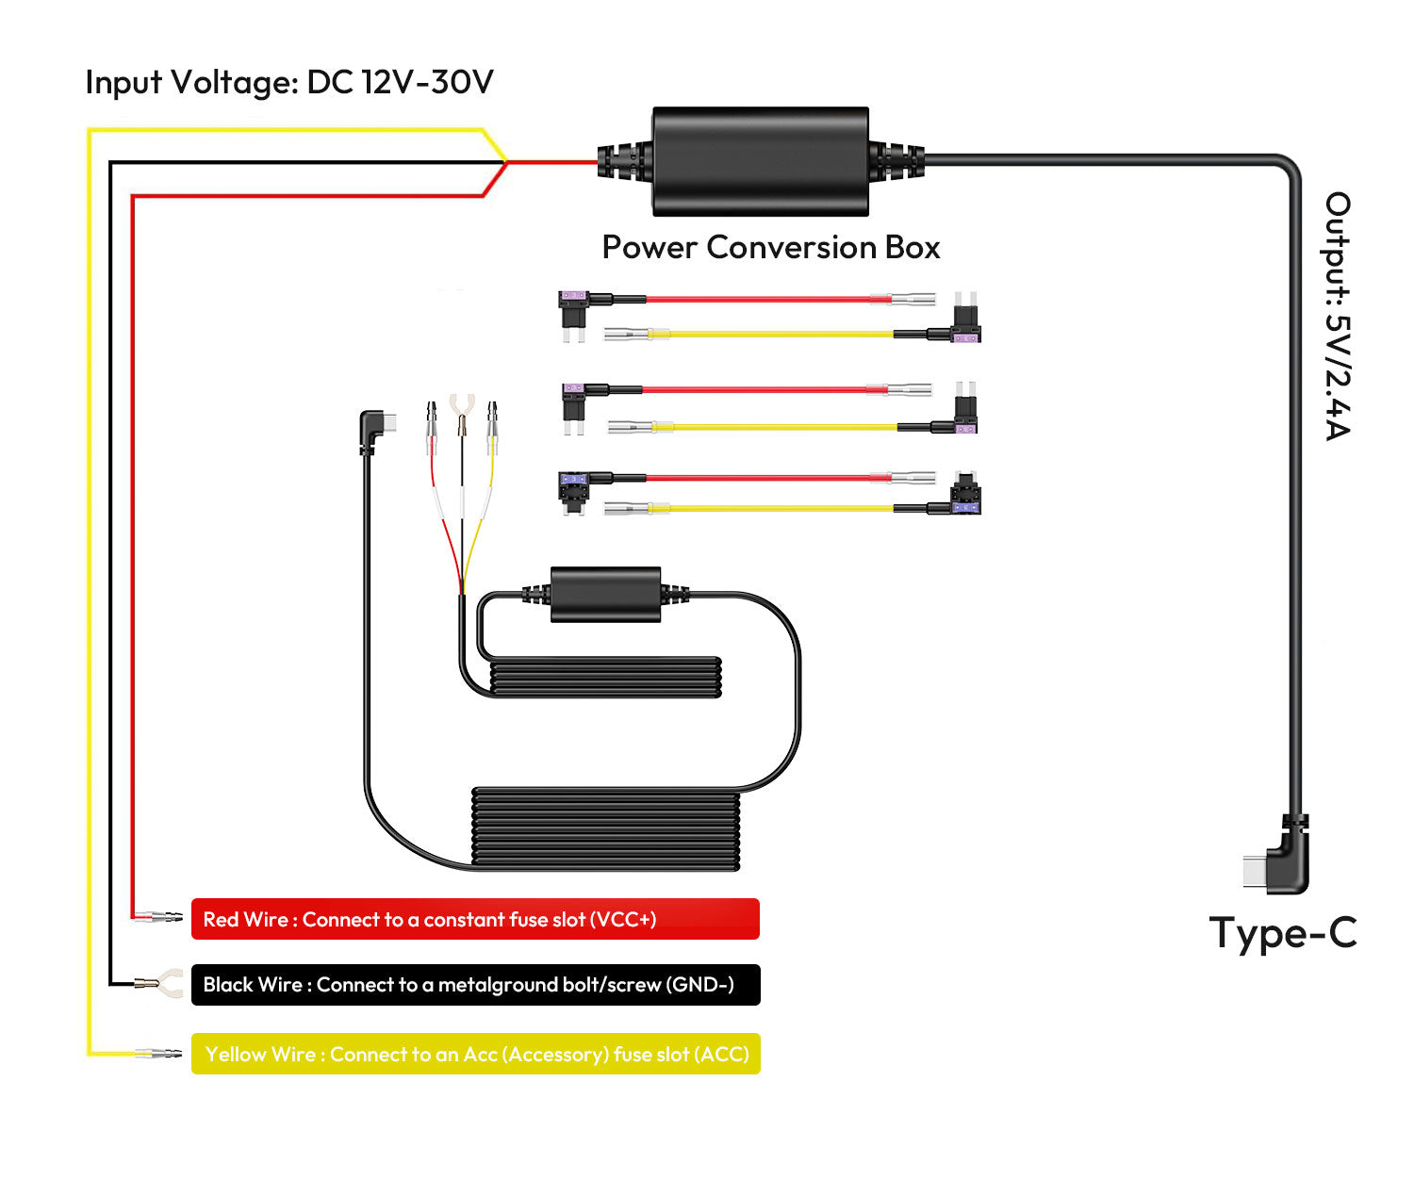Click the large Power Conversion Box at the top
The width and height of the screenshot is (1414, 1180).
click(760, 161)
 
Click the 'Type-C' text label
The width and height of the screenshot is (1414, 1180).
click(1282, 933)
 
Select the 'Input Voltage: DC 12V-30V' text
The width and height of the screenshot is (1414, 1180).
click(289, 83)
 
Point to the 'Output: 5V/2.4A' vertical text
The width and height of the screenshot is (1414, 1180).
click(1338, 316)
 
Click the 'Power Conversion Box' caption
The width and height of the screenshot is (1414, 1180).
click(770, 247)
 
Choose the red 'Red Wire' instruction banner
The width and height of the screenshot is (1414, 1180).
click(475, 919)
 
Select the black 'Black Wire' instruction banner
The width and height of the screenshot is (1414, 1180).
click(475, 985)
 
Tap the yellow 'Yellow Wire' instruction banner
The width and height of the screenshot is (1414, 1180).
click(475, 1054)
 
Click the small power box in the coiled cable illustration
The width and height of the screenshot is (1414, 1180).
click(605, 594)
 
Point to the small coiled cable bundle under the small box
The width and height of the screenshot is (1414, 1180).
click(605, 678)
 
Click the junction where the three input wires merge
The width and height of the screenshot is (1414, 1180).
click(506, 162)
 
